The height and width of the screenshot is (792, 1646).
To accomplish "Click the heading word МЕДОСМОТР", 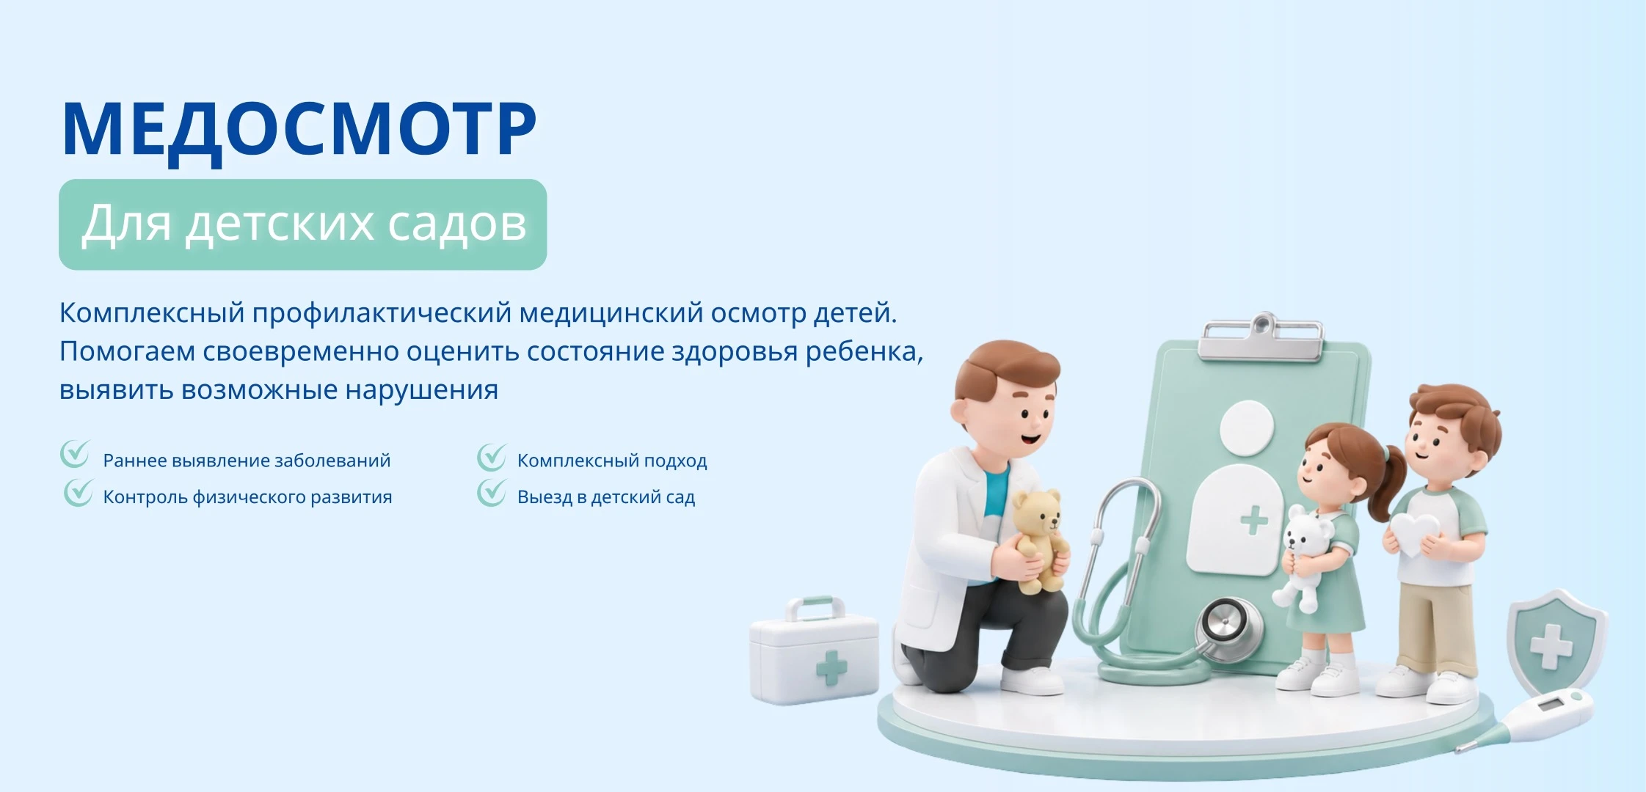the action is coord(299,132).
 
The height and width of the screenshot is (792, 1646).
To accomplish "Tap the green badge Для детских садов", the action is coord(302,224).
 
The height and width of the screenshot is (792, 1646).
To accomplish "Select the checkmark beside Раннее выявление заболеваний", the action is coord(75,454).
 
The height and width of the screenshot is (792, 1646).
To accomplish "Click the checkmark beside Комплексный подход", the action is coord(492,457).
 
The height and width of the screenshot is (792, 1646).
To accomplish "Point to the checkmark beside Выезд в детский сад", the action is coord(492,493).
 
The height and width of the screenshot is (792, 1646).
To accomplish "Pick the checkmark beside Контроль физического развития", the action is coord(78,493).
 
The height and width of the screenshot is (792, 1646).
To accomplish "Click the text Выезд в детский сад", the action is coord(606,497).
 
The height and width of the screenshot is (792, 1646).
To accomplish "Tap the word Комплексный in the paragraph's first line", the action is coord(152,314).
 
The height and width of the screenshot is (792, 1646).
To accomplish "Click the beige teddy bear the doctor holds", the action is coord(1038,539).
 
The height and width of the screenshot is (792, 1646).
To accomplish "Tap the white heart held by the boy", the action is coord(1414,534).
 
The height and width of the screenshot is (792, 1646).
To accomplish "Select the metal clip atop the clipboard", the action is coord(1261,338).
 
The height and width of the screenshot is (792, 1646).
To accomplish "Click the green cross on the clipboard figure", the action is coord(1254,521).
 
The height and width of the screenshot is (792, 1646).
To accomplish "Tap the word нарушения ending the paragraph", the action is coord(422,390).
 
